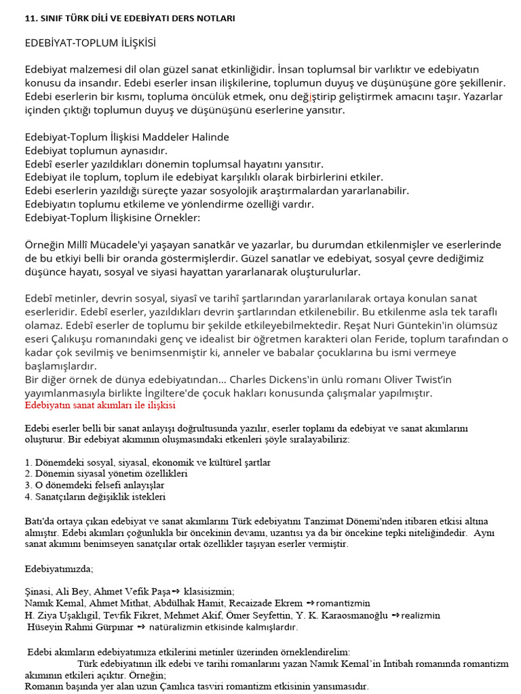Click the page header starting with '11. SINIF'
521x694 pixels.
[130, 18]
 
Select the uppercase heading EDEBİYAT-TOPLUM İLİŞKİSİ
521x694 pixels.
[90, 43]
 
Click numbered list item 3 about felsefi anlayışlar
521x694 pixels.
[94, 485]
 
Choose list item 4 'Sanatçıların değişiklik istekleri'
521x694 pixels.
[95, 496]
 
